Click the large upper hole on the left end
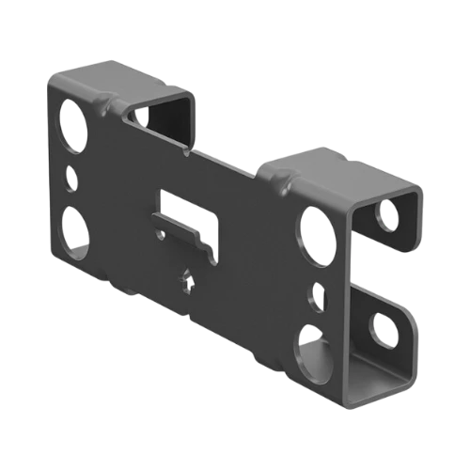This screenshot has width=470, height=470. pyautogui.click(x=70, y=120)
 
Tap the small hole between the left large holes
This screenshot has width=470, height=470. pyautogui.click(x=71, y=176)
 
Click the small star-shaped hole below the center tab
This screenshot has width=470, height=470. pyautogui.click(x=188, y=279)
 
